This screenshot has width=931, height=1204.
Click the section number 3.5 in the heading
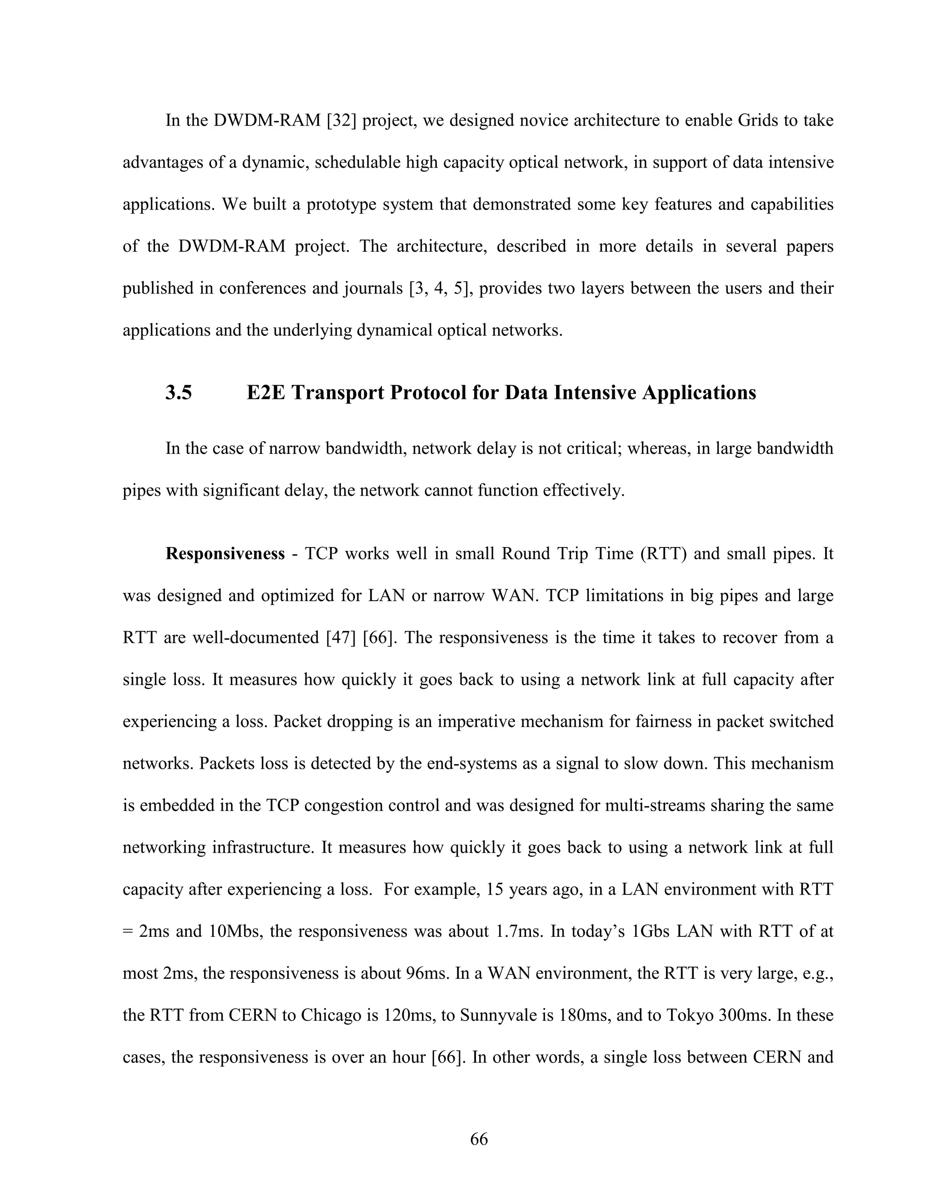[179, 393]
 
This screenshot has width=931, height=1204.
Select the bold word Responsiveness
[225, 553]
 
